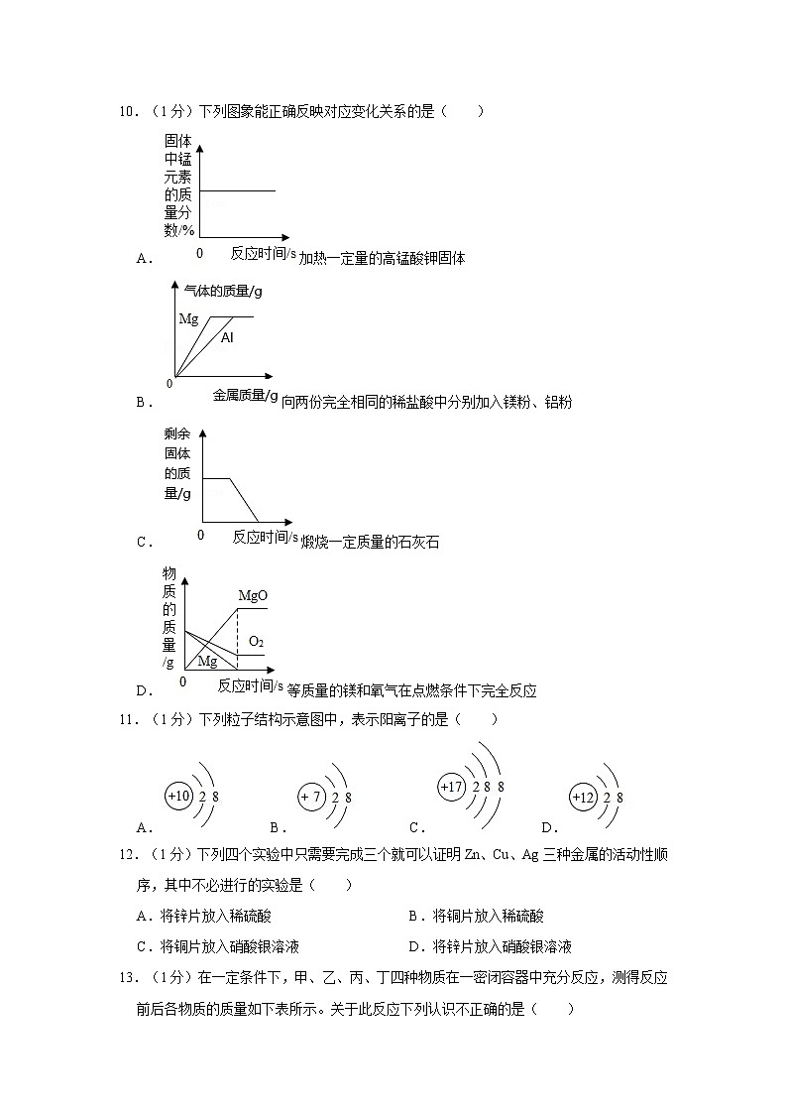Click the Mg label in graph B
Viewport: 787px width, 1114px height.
(188, 318)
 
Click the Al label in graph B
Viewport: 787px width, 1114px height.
(227, 338)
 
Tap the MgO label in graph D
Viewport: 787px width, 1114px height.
(253, 596)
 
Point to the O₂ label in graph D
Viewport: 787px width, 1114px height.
(256, 642)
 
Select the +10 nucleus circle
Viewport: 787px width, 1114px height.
(178, 797)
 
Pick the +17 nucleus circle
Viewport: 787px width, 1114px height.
(451, 788)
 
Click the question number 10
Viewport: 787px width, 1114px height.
(127, 112)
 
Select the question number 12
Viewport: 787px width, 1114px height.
(127, 855)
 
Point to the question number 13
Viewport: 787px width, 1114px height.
(127, 978)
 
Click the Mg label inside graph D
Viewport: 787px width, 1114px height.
(207, 661)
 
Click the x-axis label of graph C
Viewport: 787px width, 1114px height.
(265, 537)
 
